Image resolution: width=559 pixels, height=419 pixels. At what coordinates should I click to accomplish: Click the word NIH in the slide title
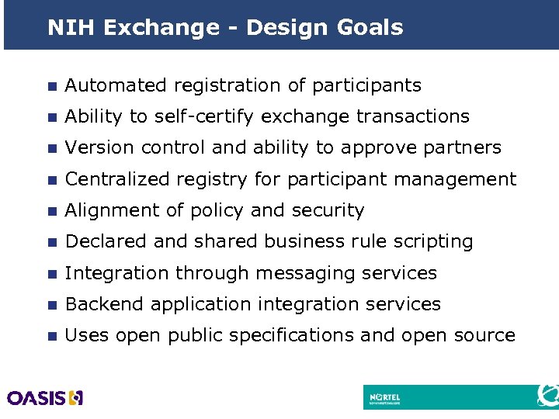(71, 28)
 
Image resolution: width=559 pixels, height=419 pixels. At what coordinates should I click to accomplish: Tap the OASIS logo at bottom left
(45, 398)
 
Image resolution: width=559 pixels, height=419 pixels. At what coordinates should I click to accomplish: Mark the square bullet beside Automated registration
(51, 86)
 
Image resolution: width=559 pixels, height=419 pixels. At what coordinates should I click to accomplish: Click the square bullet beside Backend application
(51, 305)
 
